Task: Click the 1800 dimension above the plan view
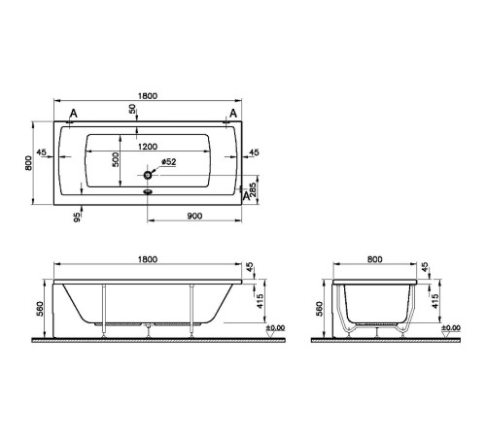(148, 95)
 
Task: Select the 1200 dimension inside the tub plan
(148, 146)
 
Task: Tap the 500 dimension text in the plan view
(116, 160)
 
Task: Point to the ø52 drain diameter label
(167, 162)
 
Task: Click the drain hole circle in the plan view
(148, 176)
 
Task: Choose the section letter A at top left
(74, 114)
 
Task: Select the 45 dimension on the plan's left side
(41, 152)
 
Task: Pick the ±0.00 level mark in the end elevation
(450, 329)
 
